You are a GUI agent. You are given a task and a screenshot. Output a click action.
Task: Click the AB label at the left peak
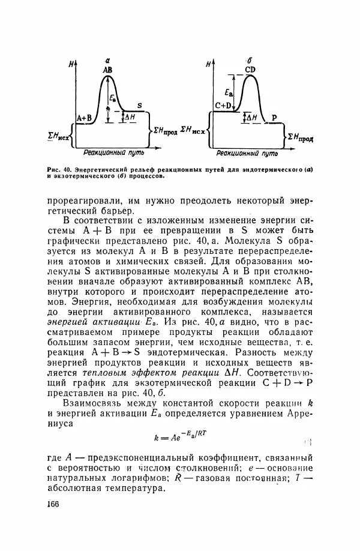(107, 70)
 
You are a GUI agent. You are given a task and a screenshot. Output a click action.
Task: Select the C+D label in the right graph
(223, 106)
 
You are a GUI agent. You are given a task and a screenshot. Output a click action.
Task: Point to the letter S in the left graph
(139, 106)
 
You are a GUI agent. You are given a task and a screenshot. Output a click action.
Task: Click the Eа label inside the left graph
(113, 98)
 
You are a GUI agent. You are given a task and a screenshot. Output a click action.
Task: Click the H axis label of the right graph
(208, 64)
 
